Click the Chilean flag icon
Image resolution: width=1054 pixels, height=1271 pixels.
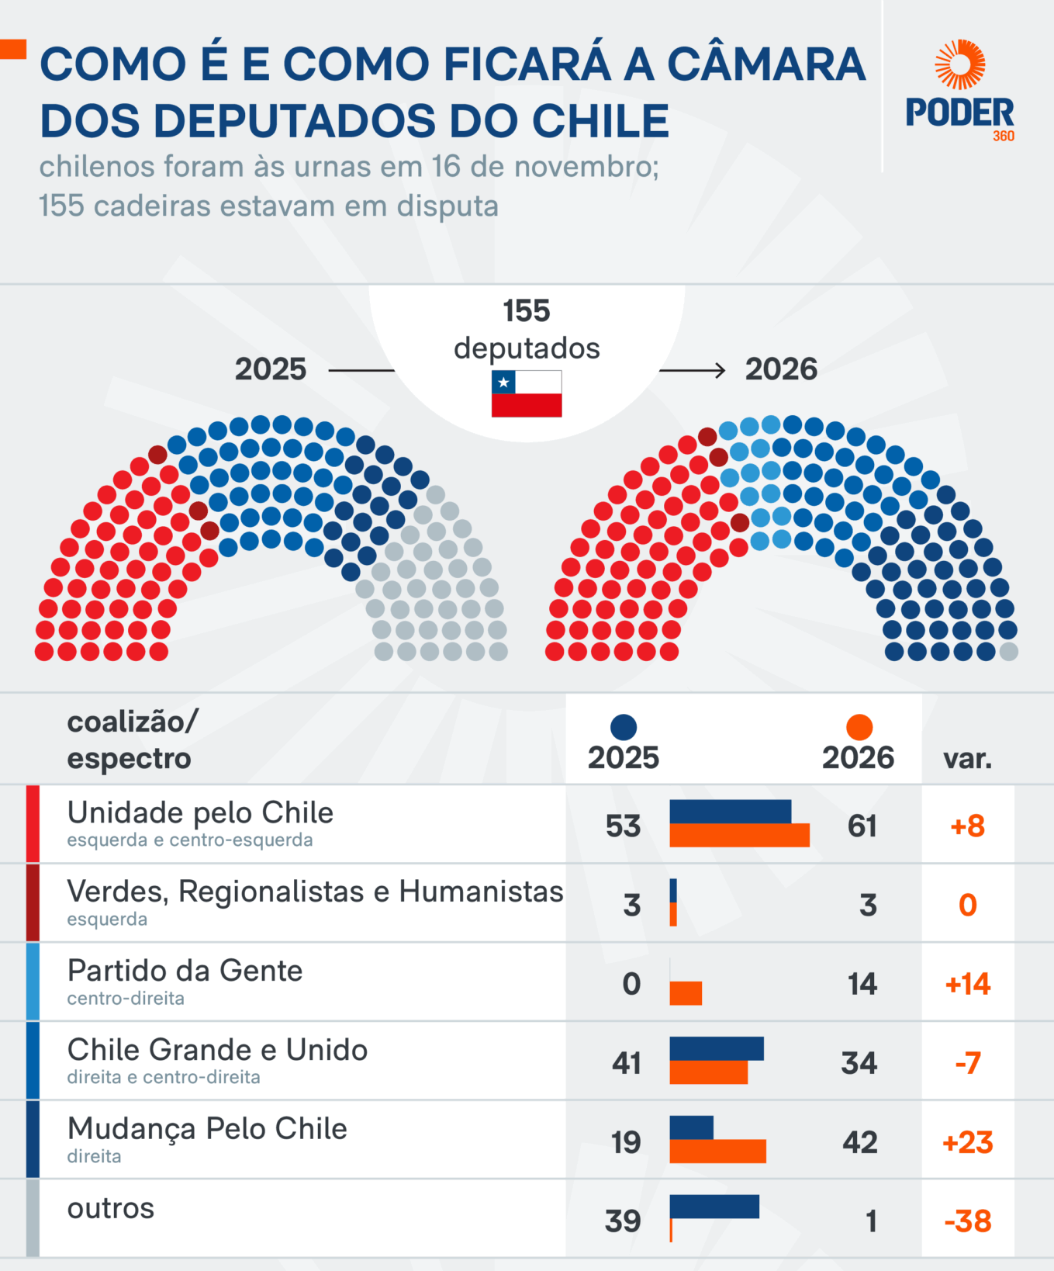point(527,393)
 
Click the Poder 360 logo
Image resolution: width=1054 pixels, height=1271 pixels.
point(960,91)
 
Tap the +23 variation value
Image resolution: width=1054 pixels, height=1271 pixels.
point(967,1142)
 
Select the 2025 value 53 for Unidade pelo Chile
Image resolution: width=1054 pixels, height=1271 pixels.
point(624,826)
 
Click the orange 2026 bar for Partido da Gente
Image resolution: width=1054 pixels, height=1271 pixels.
point(686,993)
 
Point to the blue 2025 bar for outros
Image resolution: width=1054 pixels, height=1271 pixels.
point(714,1207)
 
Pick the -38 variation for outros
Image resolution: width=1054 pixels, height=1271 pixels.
point(967,1221)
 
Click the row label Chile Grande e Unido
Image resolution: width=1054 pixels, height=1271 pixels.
point(217,1050)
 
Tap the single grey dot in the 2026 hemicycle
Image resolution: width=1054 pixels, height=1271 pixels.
point(1008,652)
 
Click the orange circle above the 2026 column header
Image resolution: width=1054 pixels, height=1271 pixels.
point(859,727)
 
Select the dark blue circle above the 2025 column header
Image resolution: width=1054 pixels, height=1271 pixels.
point(624,727)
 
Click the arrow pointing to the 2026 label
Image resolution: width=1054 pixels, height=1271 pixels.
point(693,370)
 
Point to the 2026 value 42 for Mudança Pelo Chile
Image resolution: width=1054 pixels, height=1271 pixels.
point(860,1142)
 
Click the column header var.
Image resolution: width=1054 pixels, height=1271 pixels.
point(967,758)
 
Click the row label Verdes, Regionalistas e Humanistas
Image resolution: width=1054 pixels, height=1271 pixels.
point(315,892)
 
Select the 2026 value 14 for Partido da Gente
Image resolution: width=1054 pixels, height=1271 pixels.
point(862,984)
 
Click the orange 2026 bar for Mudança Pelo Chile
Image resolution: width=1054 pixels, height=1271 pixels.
point(717,1152)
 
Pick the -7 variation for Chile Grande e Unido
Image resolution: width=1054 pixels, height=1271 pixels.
point(967,1063)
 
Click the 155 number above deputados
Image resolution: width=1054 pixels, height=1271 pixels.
point(527,311)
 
